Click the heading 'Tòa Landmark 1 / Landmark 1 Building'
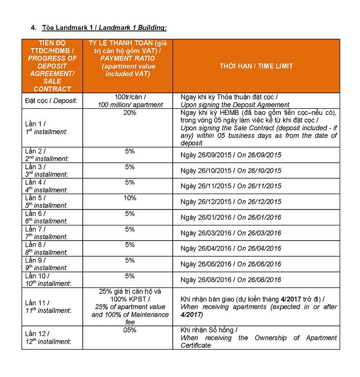[x=104, y=28]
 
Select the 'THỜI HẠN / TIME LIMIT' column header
[x=256, y=66]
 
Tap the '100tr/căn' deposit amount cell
[x=130, y=101]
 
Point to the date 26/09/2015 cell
[x=230, y=154]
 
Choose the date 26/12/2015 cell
[x=230, y=201]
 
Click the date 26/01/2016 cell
[x=230, y=217]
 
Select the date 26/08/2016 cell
[x=230, y=280]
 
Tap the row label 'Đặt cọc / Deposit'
[x=51, y=101]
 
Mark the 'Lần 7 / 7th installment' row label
[x=47, y=233]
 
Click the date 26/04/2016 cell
[x=230, y=248]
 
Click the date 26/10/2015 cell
[x=230, y=170]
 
